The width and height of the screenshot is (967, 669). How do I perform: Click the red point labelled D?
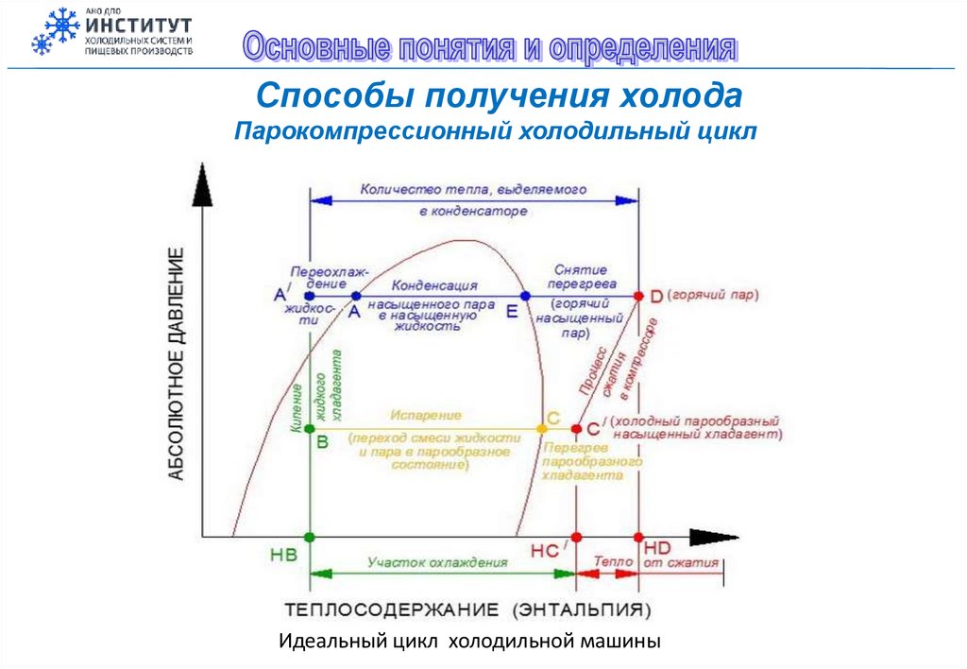(x=639, y=296)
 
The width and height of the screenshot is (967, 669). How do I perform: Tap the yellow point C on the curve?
(x=542, y=428)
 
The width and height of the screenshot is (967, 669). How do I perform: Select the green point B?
(x=310, y=428)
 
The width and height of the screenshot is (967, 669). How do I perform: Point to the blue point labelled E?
(x=526, y=296)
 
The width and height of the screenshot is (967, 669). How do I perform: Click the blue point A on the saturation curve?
(x=356, y=296)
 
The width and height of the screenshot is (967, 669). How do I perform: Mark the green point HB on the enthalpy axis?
(x=310, y=538)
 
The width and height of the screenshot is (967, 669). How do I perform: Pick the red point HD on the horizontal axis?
(x=639, y=538)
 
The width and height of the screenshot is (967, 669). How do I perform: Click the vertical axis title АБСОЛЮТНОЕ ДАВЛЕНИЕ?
(x=177, y=363)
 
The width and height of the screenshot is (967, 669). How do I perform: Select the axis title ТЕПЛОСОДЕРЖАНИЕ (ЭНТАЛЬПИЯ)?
(x=468, y=607)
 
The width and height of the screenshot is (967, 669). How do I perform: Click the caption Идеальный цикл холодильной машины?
(x=469, y=642)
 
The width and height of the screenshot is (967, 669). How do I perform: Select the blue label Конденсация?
(x=435, y=284)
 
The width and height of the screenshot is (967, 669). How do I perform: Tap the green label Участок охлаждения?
(x=437, y=562)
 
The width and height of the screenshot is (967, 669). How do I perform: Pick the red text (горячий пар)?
(x=713, y=295)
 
